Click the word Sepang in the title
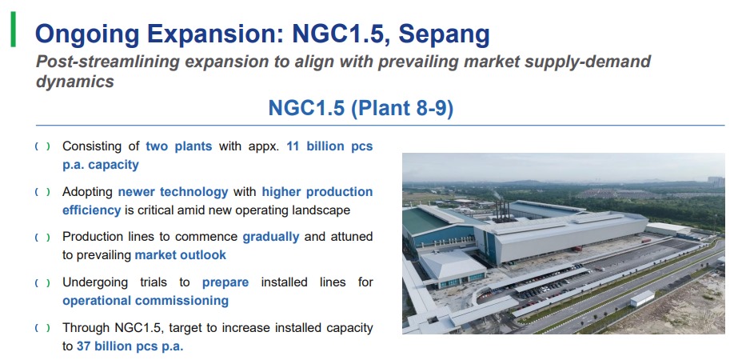pyautogui.click(x=444, y=34)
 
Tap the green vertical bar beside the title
pyautogui.click(x=13, y=30)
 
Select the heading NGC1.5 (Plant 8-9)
pyautogui.click(x=361, y=108)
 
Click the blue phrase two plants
pyautogui.click(x=178, y=146)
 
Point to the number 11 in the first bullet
pyautogui.click(x=293, y=146)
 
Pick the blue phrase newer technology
pyautogui.click(x=174, y=192)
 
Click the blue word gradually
pyautogui.click(x=271, y=237)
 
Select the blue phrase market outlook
pyautogui.click(x=181, y=254)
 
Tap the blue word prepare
pyautogui.click(x=225, y=282)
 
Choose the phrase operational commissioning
pyautogui.click(x=146, y=301)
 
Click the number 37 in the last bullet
pyautogui.click(x=83, y=346)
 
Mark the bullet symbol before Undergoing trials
pyautogui.click(x=42, y=283)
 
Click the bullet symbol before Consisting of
pyautogui.click(x=42, y=146)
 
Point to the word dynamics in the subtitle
pyautogui.click(x=74, y=82)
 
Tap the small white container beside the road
pyautogui.click(x=642, y=298)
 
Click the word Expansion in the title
pyautogui.click(x=215, y=34)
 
